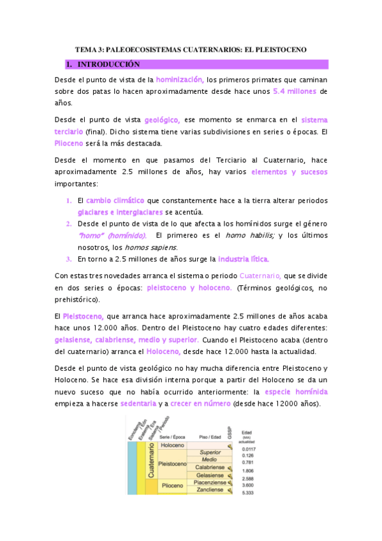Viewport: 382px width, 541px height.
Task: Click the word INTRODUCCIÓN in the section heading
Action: click(108, 64)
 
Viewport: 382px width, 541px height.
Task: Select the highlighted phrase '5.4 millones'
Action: click(295, 91)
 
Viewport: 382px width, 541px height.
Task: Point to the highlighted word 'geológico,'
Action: click(162, 119)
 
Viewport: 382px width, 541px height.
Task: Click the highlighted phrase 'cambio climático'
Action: click(115, 200)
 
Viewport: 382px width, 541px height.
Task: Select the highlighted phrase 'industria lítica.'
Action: click(244, 259)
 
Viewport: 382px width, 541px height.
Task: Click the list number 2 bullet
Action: click(69, 223)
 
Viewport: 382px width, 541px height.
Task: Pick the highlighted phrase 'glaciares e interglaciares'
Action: click(121, 211)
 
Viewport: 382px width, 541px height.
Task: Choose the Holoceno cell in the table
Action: click(172, 445)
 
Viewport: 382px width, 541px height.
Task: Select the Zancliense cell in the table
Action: click(210, 490)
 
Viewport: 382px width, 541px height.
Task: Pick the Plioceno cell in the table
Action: click(172, 485)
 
